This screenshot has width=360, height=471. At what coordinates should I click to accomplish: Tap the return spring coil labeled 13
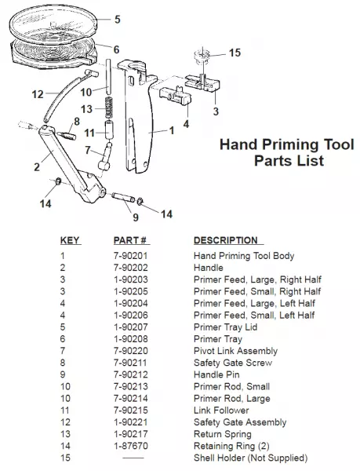(110, 108)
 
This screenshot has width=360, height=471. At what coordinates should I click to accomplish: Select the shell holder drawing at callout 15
(202, 57)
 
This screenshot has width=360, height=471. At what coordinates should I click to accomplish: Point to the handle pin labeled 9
(123, 197)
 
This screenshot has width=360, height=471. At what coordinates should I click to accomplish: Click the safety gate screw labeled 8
(68, 134)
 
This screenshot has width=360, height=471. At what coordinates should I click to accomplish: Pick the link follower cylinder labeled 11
(109, 130)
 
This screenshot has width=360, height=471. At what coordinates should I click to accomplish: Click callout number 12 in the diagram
(38, 94)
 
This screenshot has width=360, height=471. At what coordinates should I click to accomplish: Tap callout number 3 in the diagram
(216, 111)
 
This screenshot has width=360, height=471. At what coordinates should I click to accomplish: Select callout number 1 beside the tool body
(172, 130)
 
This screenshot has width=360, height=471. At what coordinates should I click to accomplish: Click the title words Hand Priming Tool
(287, 144)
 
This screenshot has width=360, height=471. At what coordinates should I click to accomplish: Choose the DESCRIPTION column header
(226, 240)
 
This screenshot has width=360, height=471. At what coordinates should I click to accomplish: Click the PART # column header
(130, 240)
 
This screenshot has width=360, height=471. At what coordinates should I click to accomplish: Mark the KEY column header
(69, 240)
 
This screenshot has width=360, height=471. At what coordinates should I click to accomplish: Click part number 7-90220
(131, 351)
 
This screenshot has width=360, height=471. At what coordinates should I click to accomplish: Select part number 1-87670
(131, 446)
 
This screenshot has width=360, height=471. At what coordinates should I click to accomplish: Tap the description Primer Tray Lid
(226, 327)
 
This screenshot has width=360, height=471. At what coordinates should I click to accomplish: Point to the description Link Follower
(221, 411)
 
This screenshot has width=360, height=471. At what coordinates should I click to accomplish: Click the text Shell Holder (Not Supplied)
(251, 458)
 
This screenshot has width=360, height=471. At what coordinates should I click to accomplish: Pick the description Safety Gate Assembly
(240, 422)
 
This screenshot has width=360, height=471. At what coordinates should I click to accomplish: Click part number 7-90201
(131, 256)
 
